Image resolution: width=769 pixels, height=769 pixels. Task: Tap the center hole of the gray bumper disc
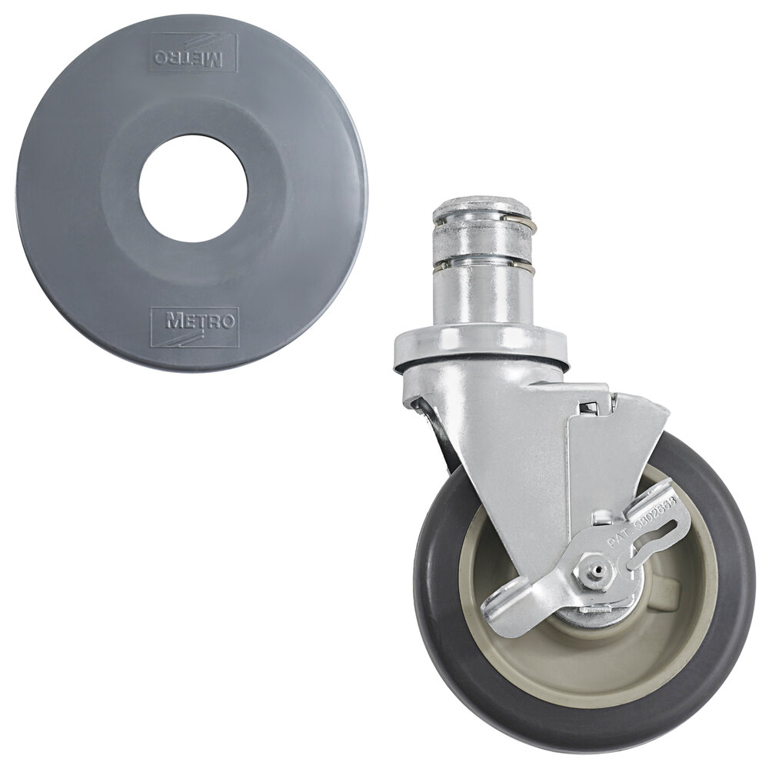(x=193, y=188)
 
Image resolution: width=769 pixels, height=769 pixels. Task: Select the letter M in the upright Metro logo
(x=173, y=319)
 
